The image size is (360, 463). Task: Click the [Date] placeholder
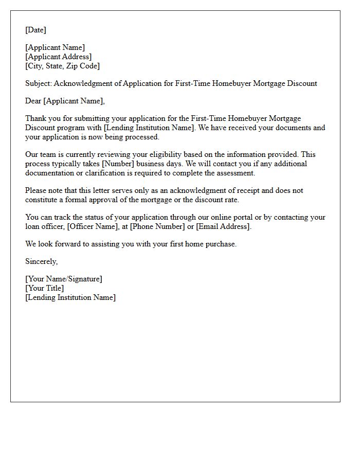coord(35,30)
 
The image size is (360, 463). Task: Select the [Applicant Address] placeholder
coord(59,57)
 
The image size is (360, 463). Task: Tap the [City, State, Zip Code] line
coord(62,66)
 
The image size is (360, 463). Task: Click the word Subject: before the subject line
coord(39,83)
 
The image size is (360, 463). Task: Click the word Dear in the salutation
coord(33,101)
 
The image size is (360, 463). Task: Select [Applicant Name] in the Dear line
coord(74,101)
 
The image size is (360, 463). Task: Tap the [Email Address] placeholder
coord(223,226)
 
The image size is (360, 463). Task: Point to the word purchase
coord(221,244)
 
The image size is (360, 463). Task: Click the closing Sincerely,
coord(42,262)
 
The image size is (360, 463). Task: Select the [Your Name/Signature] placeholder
coord(64,279)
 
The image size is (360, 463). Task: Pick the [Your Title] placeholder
coord(45,289)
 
